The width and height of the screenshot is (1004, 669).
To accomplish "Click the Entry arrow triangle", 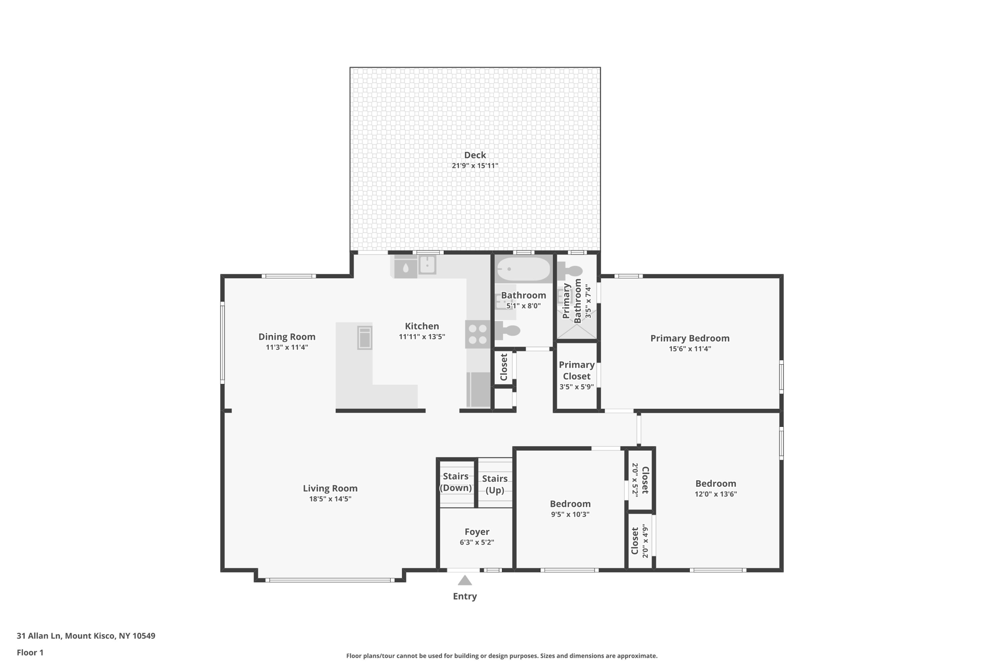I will [465, 580].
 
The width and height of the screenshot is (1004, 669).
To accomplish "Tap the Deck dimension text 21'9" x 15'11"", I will [475, 166].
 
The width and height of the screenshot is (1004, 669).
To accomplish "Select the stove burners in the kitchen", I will [477, 334].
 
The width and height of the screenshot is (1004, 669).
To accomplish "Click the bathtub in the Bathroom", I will [523, 269].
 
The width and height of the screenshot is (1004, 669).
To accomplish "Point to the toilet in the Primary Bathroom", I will [571, 271].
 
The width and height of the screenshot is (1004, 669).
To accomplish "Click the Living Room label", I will [330, 488].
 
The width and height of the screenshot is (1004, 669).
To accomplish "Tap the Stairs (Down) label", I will [455, 482].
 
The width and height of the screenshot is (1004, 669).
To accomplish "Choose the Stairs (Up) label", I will [495, 484].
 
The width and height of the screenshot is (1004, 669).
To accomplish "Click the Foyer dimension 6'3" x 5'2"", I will [477, 543].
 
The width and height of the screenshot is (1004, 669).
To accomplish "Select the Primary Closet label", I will [577, 371].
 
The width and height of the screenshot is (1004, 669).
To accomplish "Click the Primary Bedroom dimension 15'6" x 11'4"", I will [690, 349].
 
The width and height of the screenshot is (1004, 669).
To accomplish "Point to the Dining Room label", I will [287, 337].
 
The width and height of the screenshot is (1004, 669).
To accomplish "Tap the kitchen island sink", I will [365, 337].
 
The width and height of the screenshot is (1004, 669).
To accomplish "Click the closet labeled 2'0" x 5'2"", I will [640, 479].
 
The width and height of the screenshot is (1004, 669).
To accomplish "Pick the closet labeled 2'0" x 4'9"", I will [640, 541].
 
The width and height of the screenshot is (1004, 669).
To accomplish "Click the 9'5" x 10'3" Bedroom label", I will [570, 504].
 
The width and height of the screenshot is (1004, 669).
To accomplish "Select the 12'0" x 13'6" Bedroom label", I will [715, 483].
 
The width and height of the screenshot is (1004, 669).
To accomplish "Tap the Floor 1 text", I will [30, 652].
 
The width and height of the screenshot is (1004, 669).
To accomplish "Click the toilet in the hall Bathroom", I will [507, 331].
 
